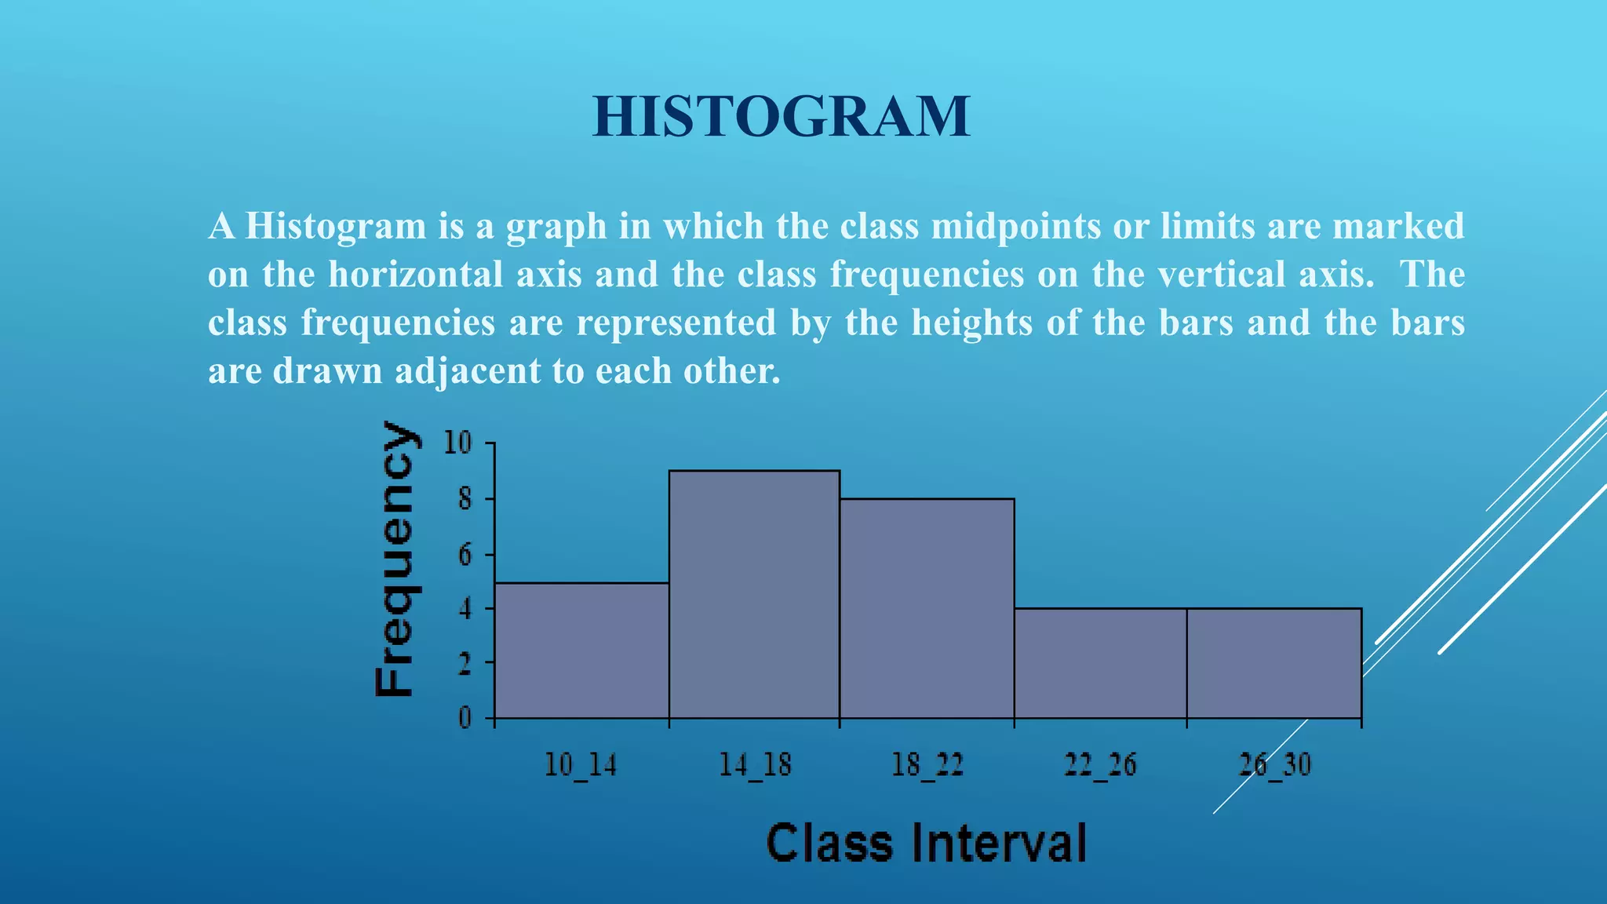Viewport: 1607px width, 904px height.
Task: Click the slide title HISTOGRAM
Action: click(781, 117)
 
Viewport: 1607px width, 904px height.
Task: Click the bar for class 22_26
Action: click(1100, 663)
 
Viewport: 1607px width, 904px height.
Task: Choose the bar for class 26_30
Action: click(1274, 663)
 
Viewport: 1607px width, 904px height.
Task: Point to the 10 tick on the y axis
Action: click(459, 443)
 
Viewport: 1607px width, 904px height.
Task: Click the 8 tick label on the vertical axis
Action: click(465, 499)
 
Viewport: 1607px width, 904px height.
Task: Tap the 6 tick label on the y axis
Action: click(465, 555)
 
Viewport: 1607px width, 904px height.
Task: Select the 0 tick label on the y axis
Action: click(465, 718)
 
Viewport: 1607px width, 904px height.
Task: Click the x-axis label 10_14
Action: click(581, 764)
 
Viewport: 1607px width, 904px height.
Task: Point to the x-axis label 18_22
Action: click(927, 764)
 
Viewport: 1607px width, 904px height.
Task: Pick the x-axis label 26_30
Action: click(1274, 764)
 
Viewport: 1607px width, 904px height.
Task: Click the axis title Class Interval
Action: click(926, 843)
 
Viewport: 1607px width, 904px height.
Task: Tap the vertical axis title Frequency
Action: click(395, 559)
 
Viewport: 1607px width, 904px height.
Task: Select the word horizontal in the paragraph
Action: click(455, 275)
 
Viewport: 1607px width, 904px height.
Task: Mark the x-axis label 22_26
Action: click(1100, 764)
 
